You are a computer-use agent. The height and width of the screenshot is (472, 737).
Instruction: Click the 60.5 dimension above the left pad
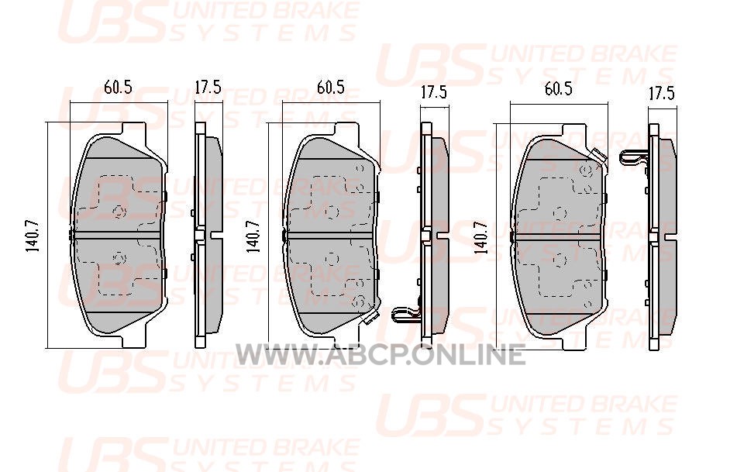tap(118, 87)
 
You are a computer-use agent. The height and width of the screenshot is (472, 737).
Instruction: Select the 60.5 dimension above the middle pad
tap(330, 87)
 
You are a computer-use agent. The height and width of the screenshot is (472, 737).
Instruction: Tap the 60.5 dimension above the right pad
tap(559, 89)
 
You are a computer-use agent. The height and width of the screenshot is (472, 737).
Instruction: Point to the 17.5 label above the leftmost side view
tap(208, 87)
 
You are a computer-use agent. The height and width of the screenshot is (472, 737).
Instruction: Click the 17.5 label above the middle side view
tap(434, 92)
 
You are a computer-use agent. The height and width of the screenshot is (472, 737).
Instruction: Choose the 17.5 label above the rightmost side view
tap(662, 93)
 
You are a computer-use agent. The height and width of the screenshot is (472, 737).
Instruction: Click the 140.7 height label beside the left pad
tap(33, 236)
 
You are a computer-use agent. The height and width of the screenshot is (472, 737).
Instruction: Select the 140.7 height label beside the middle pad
tap(254, 236)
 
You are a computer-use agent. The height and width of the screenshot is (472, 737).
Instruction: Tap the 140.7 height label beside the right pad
tap(481, 237)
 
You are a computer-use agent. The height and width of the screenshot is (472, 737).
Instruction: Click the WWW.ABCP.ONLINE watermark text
tap(380, 354)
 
